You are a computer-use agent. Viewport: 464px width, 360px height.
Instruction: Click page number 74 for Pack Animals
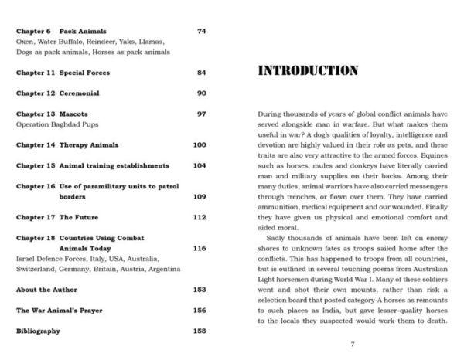[x=202, y=31]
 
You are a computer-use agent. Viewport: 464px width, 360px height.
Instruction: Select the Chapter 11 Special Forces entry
[x=63, y=73]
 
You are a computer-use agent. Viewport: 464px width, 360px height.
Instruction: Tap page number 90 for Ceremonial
[x=202, y=93]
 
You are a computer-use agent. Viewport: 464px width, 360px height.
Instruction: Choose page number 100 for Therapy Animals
[x=200, y=144]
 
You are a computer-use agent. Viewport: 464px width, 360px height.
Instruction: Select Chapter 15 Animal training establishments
[x=92, y=165]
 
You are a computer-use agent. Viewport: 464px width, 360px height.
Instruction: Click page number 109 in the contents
[x=200, y=197]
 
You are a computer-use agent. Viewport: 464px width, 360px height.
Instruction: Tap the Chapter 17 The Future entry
[x=57, y=217]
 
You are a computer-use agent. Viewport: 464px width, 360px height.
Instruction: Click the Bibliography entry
[x=38, y=331]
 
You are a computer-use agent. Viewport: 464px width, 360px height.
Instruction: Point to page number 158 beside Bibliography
[x=200, y=331]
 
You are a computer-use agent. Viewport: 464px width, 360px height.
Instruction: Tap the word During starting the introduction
[x=271, y=113]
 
